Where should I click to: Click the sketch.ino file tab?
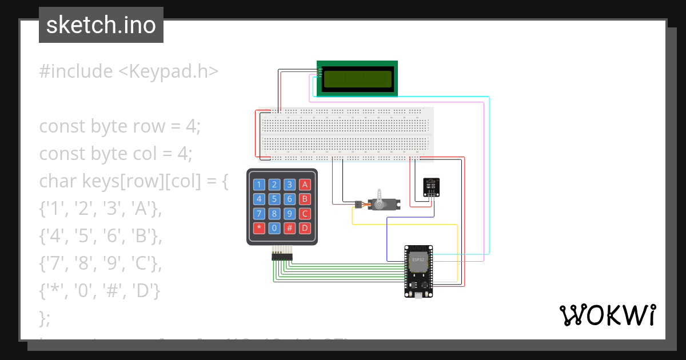[x=101, y=25]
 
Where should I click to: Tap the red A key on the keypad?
[x=305, y=184]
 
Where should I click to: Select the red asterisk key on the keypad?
[x=260, y=228]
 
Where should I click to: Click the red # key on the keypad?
[x=290, y=228]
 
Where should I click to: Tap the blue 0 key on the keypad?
[x=274, y=228]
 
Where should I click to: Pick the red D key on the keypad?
[x=305, y=228]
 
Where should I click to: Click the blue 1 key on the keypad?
[x=260, y=184]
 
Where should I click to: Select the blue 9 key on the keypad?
[x=290, y=214]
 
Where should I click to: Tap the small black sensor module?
[x=432, y=187]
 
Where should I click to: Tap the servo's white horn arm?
[x=378, y=194]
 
